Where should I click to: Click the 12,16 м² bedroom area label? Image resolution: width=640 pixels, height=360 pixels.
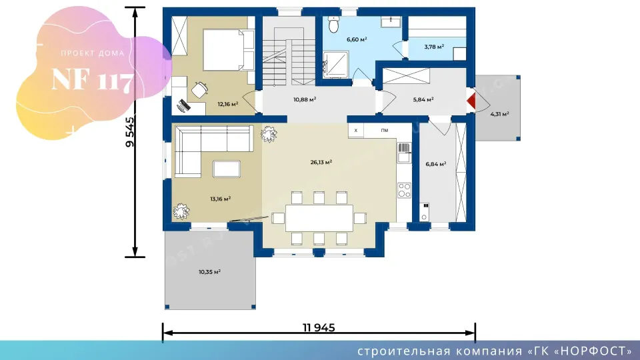228,104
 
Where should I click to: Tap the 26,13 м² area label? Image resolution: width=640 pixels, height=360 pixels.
321,162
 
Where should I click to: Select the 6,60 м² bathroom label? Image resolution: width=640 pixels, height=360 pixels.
357,39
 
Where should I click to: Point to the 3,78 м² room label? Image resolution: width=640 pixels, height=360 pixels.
434,47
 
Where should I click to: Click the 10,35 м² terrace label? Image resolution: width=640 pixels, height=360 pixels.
210,271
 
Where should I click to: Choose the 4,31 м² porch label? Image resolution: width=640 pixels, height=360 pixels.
499,114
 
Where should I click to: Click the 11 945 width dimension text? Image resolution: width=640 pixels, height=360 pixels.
319,327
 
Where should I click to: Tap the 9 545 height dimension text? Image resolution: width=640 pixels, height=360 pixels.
130,132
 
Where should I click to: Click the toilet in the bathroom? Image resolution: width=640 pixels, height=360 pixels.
333,25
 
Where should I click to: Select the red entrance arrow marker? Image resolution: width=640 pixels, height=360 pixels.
472,101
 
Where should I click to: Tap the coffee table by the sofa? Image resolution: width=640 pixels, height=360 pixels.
227,169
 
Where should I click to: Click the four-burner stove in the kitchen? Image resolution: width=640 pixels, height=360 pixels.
405,190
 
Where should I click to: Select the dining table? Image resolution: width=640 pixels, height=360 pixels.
319,218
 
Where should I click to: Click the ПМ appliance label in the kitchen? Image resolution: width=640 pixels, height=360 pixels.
385,131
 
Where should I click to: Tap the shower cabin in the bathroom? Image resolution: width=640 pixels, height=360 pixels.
336,65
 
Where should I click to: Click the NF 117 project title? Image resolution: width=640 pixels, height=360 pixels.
93,79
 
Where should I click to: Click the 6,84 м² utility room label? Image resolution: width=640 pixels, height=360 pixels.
435,164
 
